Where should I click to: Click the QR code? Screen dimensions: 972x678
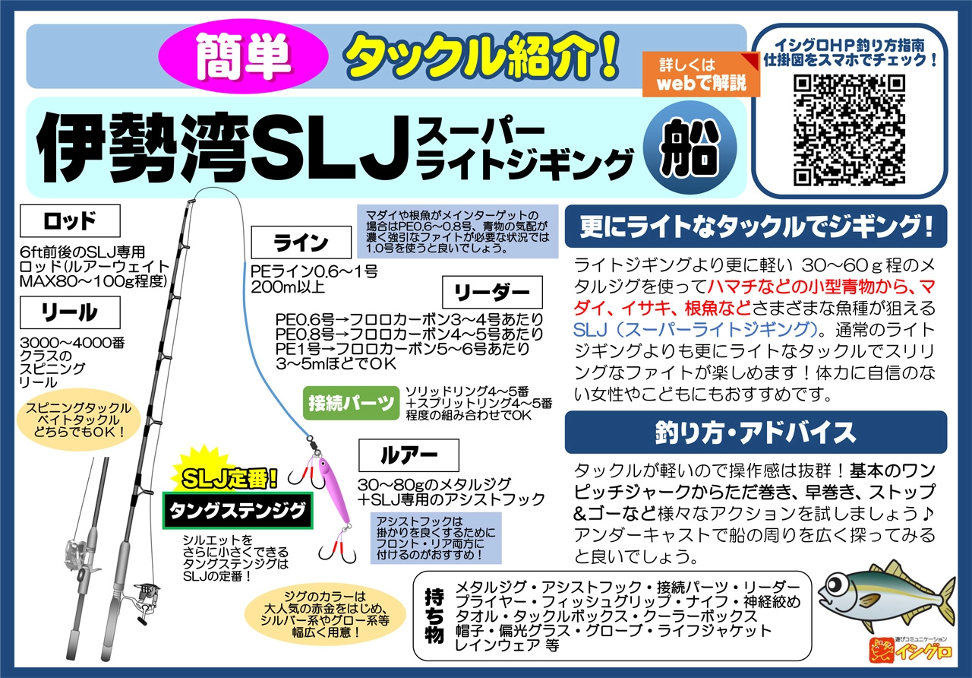[849, 130]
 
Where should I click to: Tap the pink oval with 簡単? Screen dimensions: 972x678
[243, 56]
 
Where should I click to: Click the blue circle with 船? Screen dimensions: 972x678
[690, 147]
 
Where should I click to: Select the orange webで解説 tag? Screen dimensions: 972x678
[701, 74]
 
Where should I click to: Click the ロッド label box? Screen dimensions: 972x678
[70, 220]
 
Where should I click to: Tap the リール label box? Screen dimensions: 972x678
[70, 312]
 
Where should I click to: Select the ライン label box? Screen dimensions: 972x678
[301, 242]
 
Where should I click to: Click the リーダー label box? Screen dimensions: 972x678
[492, 292]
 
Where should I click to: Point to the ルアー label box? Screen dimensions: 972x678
[409, 455]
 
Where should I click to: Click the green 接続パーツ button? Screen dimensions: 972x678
[351, 403]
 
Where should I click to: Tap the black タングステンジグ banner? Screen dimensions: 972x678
[238, 510]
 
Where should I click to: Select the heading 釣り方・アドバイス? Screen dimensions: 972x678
[756, 432]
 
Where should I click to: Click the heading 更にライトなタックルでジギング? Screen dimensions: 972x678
[756, 227]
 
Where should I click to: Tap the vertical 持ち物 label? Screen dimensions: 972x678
[434, 616]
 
